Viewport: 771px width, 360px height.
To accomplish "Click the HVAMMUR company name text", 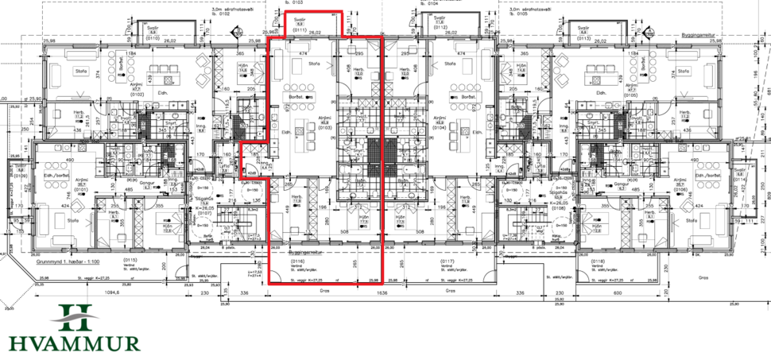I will click(73, 343).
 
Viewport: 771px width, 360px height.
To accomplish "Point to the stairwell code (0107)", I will click(203, 212).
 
